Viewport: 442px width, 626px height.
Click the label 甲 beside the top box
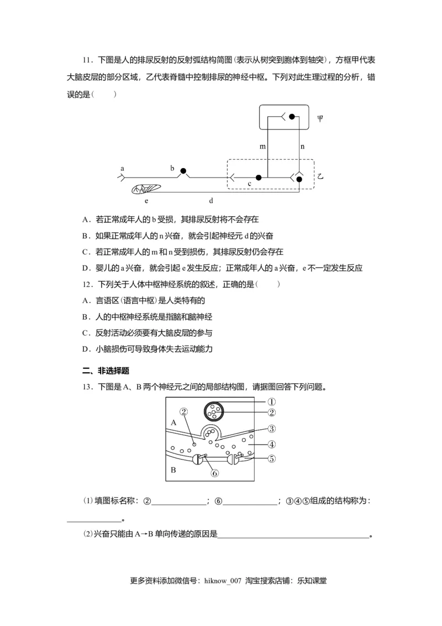pyautogui.click(x=320, y=118)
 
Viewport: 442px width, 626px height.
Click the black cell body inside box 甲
pyautogui.click(x=293, y=117)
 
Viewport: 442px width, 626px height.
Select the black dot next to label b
pyautogui.click(x=183, y=171)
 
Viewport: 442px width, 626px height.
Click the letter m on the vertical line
pyautogui.click(x=262, y=147)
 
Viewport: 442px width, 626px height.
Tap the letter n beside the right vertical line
pyautogui.click(x=302, y=147)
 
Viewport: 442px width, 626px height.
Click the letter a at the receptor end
pyautogui.click(x=122, y=167)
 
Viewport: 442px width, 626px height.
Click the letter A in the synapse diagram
pyautogui.click(x=173, y=422)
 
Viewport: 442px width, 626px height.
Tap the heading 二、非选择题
pyautogui.click(x=106, y=371)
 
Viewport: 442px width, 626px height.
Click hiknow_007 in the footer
pyautogui.click(x=223, y=581)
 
